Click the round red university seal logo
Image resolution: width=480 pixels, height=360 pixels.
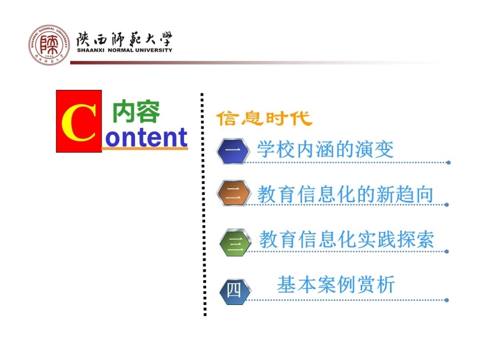coord(49,44)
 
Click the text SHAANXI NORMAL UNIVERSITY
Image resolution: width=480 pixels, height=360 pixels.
coord(124,50)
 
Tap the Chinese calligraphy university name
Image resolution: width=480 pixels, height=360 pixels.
coord(124,38)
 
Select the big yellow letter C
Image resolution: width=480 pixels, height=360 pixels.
coord(78,122)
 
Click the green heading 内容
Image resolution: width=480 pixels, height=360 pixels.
coord(136,112)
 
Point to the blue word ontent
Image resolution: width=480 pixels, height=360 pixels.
coord(146,138)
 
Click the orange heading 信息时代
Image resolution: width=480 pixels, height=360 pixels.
coord(264,119)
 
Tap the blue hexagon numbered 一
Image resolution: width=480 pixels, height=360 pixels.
coord(233,150)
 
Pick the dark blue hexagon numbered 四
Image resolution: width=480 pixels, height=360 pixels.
coord(234,291)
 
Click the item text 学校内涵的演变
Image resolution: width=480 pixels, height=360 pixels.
coord(325,149)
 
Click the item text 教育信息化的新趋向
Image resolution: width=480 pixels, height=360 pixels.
coord(346,194)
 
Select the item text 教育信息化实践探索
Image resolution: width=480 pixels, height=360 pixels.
coord(347,239)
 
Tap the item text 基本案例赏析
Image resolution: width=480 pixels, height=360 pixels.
coord(336,285)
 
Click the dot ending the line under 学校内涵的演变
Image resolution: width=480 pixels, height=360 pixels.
coord(448,163)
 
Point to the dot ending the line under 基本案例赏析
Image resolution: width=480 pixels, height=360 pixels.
coord(447,300)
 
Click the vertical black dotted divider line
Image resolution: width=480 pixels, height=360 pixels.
coord(203,202)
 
